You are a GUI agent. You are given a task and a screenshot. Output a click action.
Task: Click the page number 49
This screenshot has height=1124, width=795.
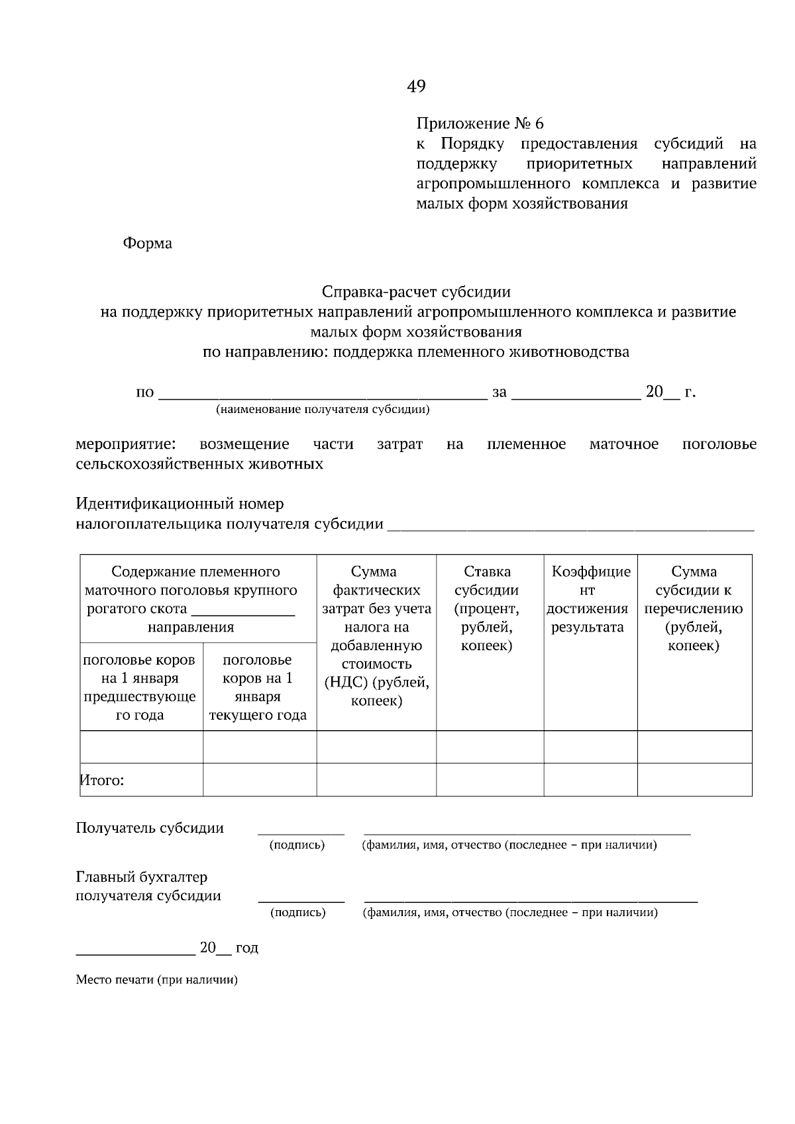tap(416, 86)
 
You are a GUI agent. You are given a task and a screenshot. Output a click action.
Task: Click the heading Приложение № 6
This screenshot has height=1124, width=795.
tap(480, 124)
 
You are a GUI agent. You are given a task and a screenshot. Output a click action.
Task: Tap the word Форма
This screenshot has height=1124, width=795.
tap(147, 244)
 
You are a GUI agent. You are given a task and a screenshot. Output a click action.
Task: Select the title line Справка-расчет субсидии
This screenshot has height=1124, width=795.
tap(416, 292)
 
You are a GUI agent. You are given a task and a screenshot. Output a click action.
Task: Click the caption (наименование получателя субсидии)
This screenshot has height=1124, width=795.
tap(323, 410)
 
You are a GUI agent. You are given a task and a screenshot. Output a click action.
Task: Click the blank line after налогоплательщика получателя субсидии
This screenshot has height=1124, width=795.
tap(570, 527)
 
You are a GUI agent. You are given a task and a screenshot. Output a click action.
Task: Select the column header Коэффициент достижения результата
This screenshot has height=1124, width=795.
tap(590, 599)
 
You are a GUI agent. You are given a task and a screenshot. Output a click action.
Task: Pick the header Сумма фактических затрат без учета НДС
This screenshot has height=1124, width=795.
tap(376, 635)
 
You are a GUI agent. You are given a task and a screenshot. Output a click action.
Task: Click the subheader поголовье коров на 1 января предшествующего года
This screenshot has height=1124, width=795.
tap(140, 687)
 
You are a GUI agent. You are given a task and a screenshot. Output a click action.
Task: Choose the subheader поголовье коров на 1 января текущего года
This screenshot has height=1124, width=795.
tap(258, 687)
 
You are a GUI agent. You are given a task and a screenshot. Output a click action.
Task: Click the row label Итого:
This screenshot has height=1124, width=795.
tap(103, 780)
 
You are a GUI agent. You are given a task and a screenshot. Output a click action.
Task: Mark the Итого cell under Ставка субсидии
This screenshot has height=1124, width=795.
tap(490, 780)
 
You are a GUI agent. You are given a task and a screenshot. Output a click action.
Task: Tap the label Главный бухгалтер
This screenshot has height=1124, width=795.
tap(142, 877)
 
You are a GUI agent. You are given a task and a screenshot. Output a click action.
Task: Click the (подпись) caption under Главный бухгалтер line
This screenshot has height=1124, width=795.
tap(298, 913)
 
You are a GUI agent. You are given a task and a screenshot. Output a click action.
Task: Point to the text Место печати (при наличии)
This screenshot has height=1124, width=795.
tap(156, 980)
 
